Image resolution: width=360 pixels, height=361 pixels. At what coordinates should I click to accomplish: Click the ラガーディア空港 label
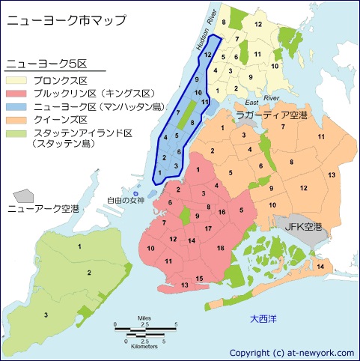pos(271,115)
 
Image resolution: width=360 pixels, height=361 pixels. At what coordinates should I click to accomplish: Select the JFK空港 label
pos(304,225)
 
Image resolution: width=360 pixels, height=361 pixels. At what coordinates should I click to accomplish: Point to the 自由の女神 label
pos(125,199)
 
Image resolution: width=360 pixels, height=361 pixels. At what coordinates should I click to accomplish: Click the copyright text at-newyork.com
pos(292,352)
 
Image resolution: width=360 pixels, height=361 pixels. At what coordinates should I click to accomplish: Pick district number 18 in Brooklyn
pos(220,247)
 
